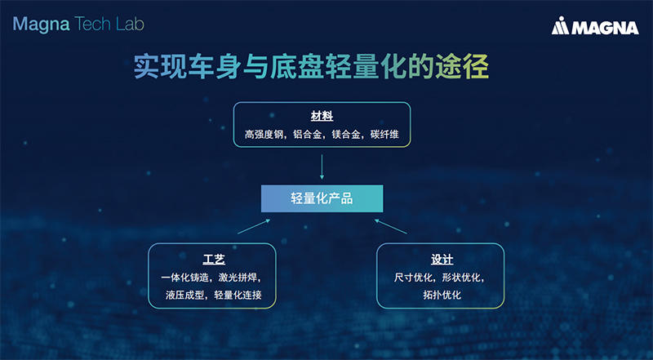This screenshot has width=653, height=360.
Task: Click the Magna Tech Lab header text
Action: tap(78, 24)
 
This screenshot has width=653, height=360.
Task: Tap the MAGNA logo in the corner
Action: tap(593, 28)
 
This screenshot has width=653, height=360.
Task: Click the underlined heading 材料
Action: tap(322, 116)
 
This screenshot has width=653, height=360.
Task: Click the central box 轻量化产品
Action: tap(322, 198)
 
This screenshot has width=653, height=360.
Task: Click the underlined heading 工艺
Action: tap(213, 260)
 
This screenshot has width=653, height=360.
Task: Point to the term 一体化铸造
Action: tap(185, 278)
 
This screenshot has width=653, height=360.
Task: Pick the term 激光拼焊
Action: tap(241, 278)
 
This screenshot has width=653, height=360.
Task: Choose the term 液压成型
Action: tap(184, 295)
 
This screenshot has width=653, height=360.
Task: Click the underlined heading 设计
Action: tap(440, 260)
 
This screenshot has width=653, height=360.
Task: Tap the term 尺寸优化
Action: tap(414, 278)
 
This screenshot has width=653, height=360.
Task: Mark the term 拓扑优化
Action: tap(440, 295)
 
